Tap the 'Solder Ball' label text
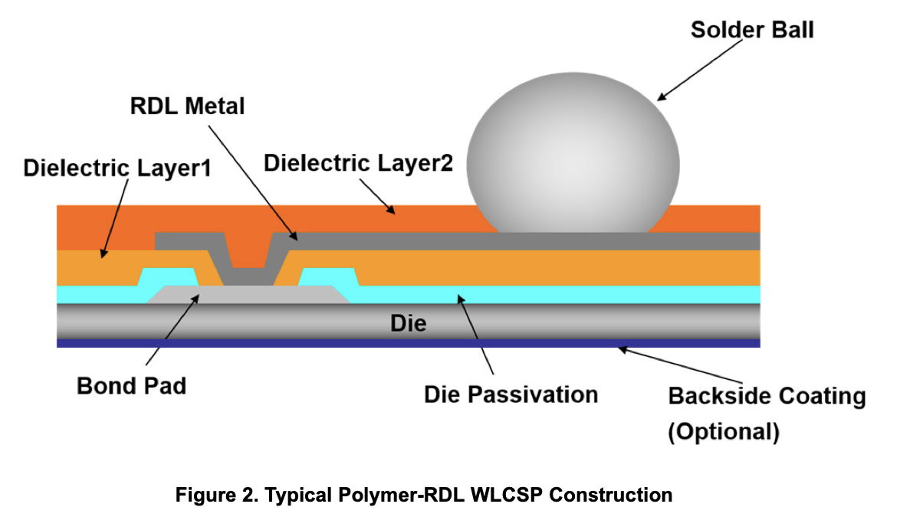pyautogui.click(x=751, y=30)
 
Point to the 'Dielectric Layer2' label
pyautogui.click(x=358, y=163)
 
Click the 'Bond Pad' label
pyautogui.click(x=131, y=385)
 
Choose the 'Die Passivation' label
pyautogui.click(x=511, y=394)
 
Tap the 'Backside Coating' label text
pyautogui.click(x=767, y=397)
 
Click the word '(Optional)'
pyautogui.click(x=724, y=432)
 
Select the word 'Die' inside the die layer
pyautogui.click(x=408, y=322)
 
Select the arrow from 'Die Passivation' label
pyautogui.click(x=473, y=338)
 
